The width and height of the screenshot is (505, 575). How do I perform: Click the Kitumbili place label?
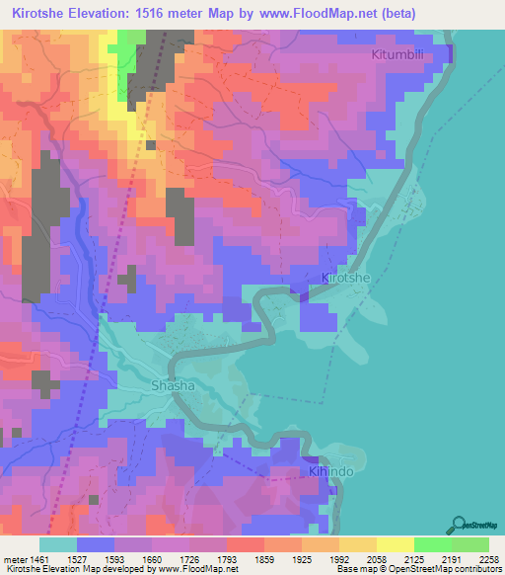coord(403,54)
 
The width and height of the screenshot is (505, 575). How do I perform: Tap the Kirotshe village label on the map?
coord(346,279)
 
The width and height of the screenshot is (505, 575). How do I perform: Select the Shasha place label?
coord(172,385)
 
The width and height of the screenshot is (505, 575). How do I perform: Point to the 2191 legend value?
coord(451,558)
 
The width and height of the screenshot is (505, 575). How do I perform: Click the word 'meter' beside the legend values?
coord(15,558)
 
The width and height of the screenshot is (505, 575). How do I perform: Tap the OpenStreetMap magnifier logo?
coord(459,525)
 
